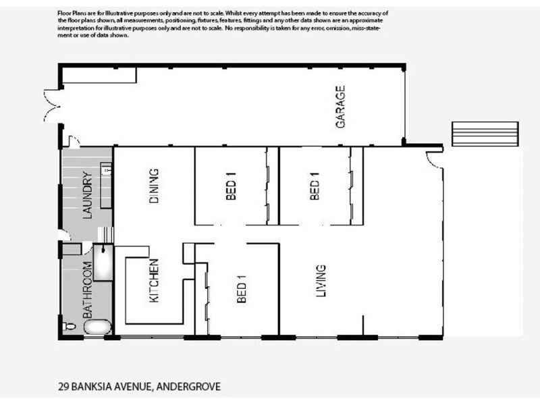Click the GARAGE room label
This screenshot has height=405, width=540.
341,107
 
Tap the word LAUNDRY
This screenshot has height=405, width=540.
86,196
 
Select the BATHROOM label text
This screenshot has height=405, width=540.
86,290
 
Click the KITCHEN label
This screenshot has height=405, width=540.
153,281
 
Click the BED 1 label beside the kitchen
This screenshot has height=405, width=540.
242,289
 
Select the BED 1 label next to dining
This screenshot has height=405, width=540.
230,188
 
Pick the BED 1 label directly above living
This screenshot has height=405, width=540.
314,188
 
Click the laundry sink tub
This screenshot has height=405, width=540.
107,169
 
